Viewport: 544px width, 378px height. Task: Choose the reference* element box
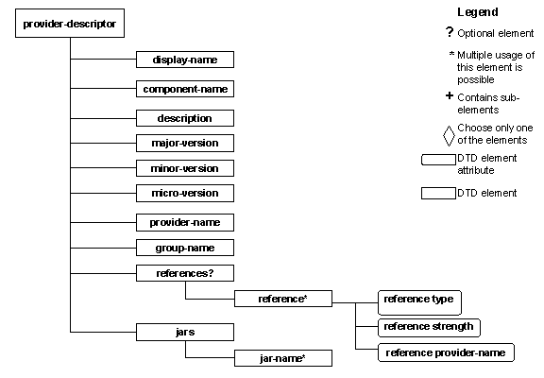pos(281,300)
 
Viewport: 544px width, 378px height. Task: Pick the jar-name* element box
pos(281,358)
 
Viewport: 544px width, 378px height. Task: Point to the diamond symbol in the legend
pos(449,134)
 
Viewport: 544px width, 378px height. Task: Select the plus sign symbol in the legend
pos(449,96)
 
